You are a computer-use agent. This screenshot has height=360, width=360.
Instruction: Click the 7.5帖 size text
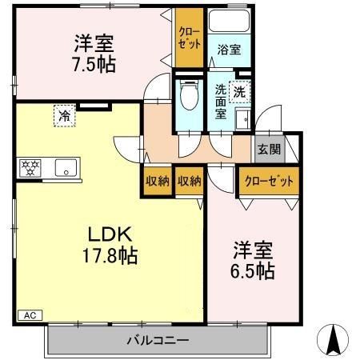pyautogui.click(x=94, y=64)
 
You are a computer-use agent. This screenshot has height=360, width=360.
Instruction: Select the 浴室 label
pyautogui.click(x=229, y=50)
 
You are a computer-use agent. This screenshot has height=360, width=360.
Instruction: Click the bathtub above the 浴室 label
pyautogui.click(x=229, y=22)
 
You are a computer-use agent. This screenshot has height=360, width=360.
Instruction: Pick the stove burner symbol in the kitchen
pyautogui.click(x=30, y=168)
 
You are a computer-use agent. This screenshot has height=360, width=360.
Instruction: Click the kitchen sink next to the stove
pyautogui.click(x=65, y=168)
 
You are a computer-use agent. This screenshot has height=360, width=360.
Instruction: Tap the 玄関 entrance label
pyautogui.click(x=266, y=148)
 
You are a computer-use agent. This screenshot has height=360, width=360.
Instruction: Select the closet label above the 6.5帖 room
pyautogui.click(x=268, y=181)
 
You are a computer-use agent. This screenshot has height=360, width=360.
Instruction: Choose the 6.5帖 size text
pyautogui.click(x=253, y=271)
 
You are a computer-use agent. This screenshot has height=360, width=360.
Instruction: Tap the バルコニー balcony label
pyautogui.click(x=158, y=340)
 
